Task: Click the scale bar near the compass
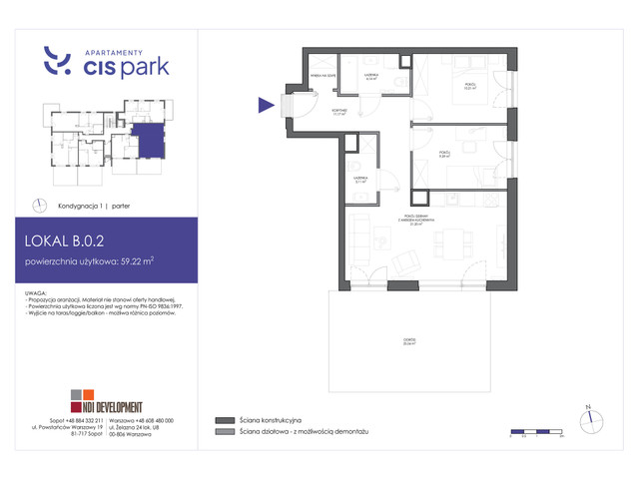(536, 432)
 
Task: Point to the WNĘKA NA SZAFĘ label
(322, 73)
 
